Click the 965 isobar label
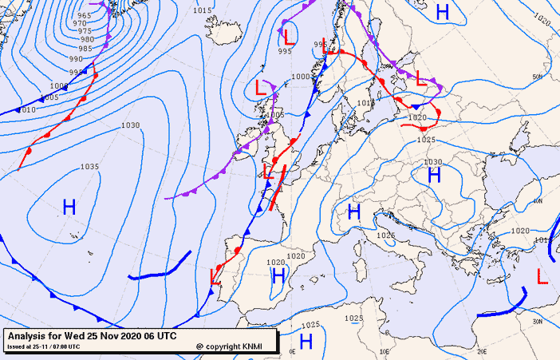coord(84,15)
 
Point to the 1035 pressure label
coord(90,167)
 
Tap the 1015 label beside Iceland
coord(203,10)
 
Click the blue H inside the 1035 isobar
coord(69,208)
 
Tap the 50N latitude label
coord(537,77)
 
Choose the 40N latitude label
coord(538,201)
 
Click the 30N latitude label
coord(538,321)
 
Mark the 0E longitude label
coord(292,350)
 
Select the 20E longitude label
coord(481,350)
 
